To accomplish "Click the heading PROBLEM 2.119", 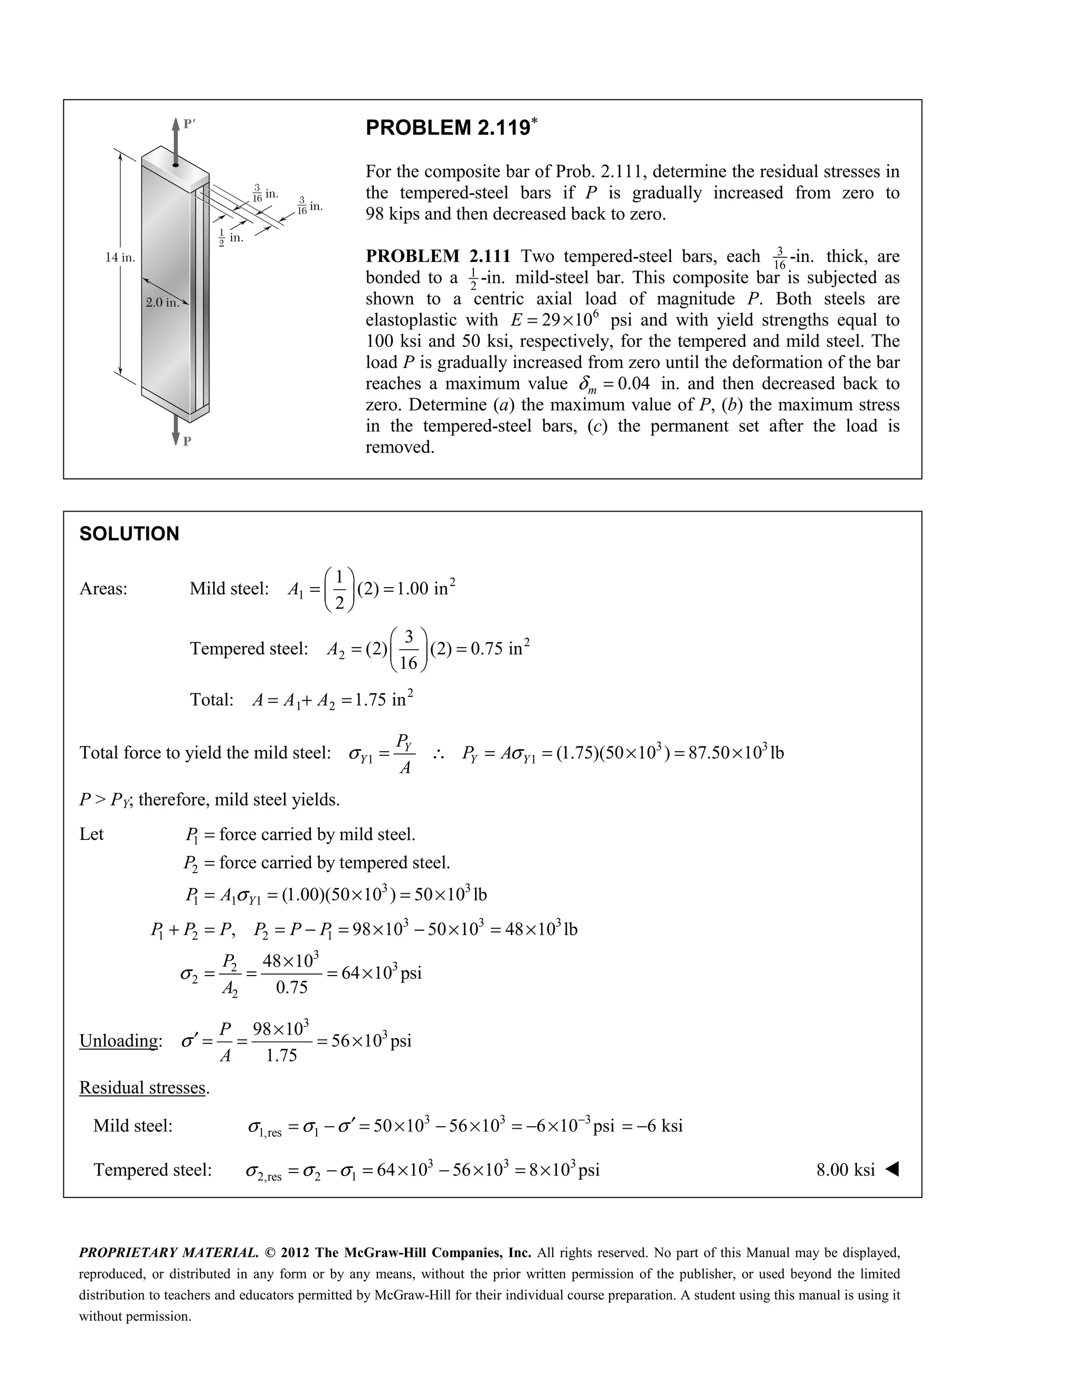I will coord(448,128).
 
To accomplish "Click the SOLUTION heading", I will coord(129,534).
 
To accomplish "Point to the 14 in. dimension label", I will coord(120,258).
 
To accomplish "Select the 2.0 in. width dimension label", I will coord(162,303).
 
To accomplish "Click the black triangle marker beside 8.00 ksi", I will coord(892,1170).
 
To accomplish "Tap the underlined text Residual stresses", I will coord(143,1087).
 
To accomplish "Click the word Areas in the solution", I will coord(102,589).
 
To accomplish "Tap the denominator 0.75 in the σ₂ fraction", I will coord(291,987).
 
